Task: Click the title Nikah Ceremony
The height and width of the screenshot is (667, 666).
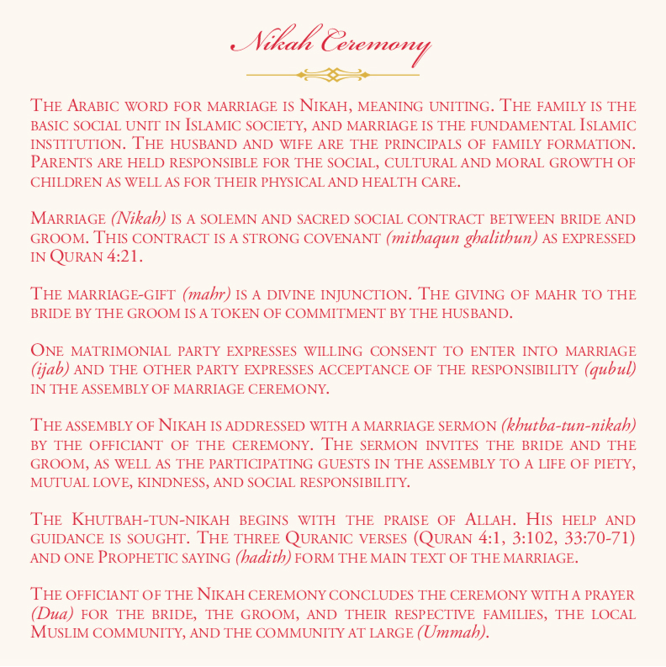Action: pyautogui.click(x=333, y=42)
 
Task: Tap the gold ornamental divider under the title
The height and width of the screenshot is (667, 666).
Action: pyautogui.click(x=333, y=75)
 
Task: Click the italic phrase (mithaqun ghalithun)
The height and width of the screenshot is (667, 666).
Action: pyautogui.click(x=461, y=238)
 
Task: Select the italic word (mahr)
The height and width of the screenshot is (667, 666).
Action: pyautogui.click(x=206, y=294)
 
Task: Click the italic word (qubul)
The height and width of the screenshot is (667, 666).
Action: pyautogui.click(x=610, y=369)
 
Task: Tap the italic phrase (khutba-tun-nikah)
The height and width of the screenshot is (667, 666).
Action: pyautogui.click(x=568, y=425)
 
